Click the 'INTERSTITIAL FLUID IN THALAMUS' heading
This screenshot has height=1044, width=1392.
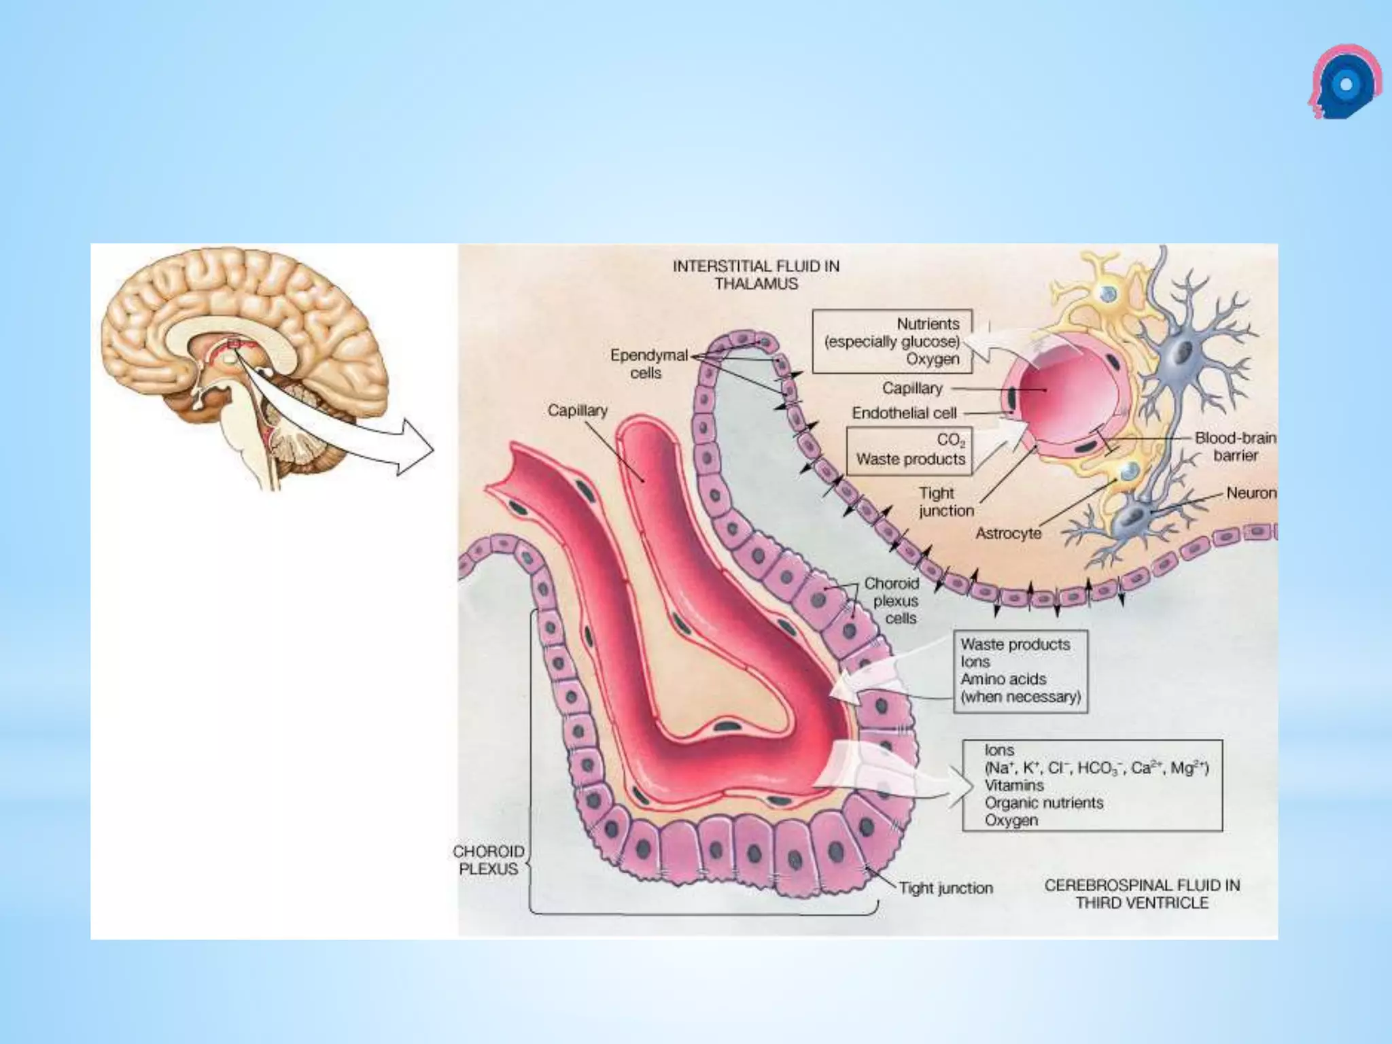756,275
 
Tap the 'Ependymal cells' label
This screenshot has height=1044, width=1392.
645,364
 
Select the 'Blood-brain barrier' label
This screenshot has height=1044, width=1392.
1235,447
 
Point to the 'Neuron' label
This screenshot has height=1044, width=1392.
1251,493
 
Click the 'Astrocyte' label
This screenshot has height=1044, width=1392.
1008,534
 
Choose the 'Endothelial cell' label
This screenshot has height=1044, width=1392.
904,413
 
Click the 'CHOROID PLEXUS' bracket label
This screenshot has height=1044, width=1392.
489,860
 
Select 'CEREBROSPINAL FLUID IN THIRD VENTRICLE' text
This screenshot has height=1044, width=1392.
1142,894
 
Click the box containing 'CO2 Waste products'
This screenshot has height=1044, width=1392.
909,450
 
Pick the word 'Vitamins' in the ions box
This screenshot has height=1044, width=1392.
1014,785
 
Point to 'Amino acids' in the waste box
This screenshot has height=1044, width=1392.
1003,679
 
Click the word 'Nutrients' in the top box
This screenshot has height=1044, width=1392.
928,324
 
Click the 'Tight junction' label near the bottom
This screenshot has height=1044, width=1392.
945,888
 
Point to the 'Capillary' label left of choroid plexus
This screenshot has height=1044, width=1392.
577,411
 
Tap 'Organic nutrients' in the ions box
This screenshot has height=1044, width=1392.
1044,803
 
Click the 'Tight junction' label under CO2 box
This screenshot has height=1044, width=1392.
945,502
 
